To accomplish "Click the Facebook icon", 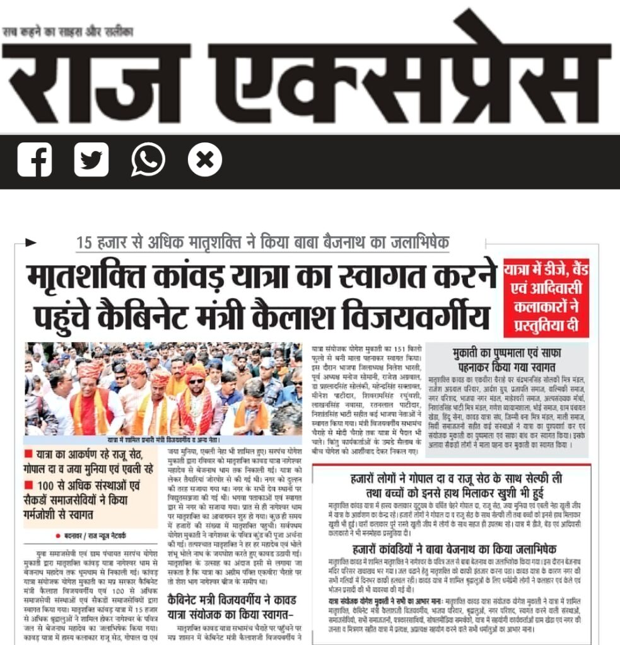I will [34, 160].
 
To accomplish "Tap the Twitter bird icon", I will [91, 160].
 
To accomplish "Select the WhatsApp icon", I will [148, 160].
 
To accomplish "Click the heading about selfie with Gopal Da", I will [452, 485].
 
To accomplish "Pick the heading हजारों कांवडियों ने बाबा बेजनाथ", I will [451, 549].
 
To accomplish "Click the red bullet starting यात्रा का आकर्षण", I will [29, 455].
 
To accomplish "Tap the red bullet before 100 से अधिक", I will [29, 486].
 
